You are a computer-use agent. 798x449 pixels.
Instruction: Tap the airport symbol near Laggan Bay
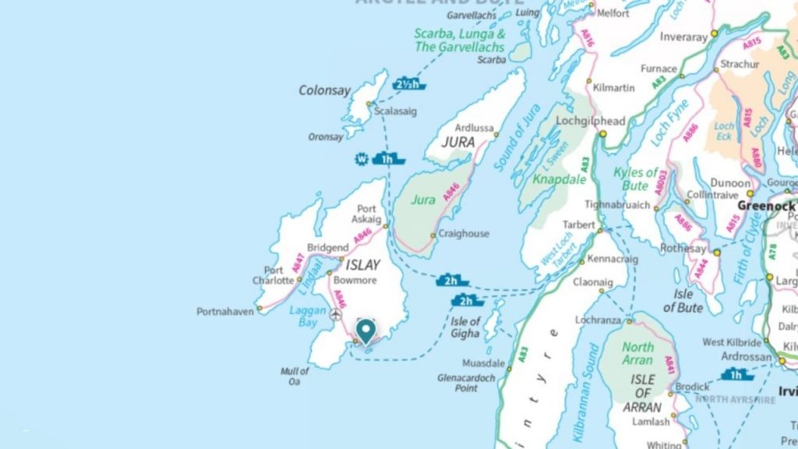point(336,315)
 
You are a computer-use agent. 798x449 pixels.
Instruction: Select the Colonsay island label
point(324,90)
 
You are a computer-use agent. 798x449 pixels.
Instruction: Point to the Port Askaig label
point(365,214)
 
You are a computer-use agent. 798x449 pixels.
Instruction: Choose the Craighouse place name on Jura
point(464,234)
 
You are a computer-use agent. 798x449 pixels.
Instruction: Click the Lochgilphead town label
point(590,122)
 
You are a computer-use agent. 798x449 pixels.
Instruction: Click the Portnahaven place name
point(225,311)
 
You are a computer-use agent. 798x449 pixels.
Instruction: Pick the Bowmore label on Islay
point(355,280)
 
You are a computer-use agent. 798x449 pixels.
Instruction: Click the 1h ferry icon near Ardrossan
point(736,375)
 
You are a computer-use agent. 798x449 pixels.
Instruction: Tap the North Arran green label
point(637,353)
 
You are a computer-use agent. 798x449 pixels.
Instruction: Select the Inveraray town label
point(683,37)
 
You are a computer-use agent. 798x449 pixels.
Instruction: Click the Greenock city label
point(765,207)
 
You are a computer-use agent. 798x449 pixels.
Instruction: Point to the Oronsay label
point(325,136)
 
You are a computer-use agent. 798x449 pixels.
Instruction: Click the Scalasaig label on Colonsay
point(395,111)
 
